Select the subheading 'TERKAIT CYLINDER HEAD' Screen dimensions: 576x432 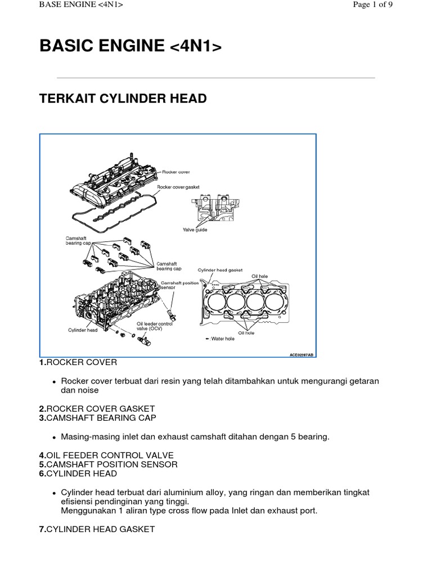pos(123,99)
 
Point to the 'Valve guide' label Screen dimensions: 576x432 pos(195,229)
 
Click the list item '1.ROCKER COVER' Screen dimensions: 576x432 pos(78,362)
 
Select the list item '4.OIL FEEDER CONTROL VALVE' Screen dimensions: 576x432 pos(106,454)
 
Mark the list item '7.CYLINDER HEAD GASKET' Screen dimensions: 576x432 pos(97,529)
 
